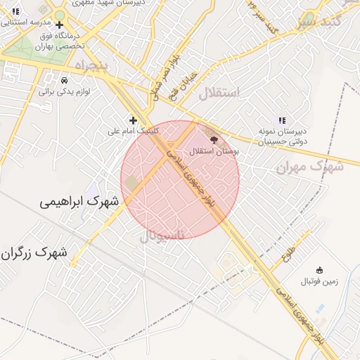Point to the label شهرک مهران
point(309,167)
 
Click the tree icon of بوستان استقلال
point(214,140)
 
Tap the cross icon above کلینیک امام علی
point(133,120)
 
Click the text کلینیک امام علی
point(133,131)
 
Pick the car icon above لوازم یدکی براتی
point(64,80)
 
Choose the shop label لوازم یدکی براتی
point(64,91)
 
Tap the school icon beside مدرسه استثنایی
point(15,12)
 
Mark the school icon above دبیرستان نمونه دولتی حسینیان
point(282,120)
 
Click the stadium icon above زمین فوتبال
point(319,270)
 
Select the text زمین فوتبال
point(319,281)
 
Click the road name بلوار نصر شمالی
point(162,72)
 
